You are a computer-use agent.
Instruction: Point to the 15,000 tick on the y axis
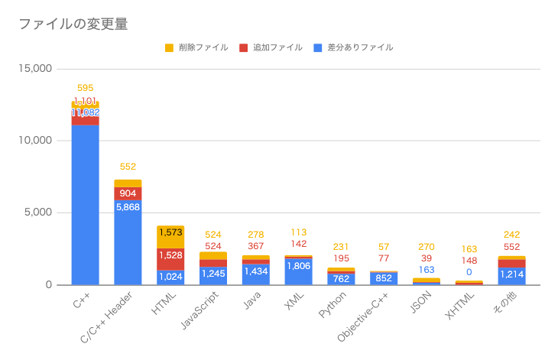(34, 69)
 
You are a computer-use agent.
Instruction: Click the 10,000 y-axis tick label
(34, 141)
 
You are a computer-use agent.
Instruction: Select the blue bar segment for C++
(85, 206)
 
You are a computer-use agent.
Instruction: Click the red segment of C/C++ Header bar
(128, 193)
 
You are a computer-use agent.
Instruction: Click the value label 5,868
(128, 206)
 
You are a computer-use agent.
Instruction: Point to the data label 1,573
(170, 233)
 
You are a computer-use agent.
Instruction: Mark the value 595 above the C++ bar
(85, 89)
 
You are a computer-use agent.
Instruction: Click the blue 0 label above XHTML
(469, 272)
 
